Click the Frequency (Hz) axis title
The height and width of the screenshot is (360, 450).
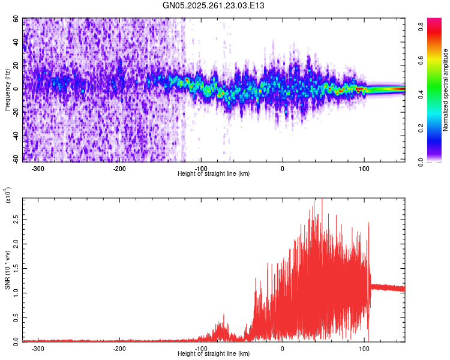7,89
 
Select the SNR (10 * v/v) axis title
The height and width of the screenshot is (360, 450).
7,269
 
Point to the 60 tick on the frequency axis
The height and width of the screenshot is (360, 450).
16,19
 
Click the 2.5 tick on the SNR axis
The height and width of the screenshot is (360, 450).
16,220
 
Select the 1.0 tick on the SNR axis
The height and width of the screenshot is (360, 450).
16,292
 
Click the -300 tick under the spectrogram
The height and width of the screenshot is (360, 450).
38,168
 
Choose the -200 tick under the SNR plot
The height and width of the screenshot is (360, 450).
119,348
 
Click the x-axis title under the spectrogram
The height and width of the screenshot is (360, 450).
214,174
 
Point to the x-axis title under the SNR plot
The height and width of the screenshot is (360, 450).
214,354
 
